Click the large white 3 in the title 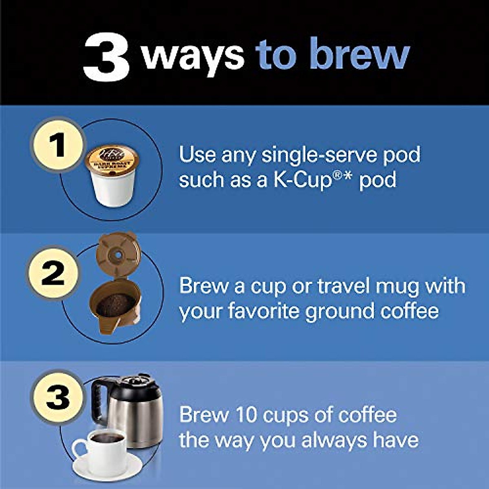point(107,58)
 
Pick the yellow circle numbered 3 point(58,396)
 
